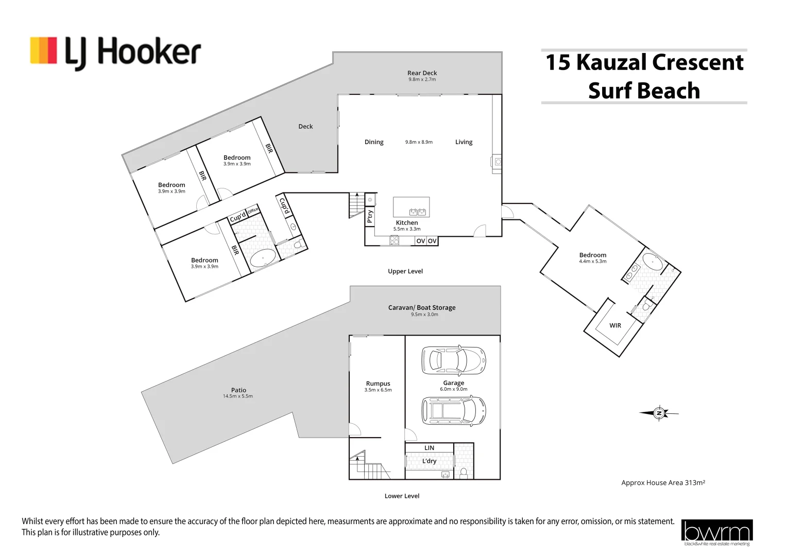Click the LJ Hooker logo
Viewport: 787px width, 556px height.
click(115, 53)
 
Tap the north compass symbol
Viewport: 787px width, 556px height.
click(659, 413)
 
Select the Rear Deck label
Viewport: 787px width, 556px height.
click(422, 73)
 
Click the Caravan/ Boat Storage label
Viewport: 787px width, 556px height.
click(422, 307)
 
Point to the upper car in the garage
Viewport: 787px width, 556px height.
click(453, 359)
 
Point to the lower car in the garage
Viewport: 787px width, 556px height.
click(453, 410)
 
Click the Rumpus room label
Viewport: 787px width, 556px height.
click(378, 384)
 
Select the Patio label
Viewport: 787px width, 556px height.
click(238, 390)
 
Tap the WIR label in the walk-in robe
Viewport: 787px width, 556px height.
click(615, 325)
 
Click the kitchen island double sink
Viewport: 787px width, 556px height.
click(417, 212)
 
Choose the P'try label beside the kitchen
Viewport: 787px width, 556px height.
click(370, 217)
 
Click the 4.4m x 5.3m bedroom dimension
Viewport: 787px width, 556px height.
click(592, 262)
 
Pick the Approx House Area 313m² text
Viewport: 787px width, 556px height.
click(663, 482)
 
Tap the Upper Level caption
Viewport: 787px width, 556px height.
click(405, 271)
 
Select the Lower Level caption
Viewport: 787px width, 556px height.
click(402, 496)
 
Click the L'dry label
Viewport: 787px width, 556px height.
click(429, 461)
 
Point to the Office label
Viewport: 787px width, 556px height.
click(252, 211)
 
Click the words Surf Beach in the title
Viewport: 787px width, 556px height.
click(644, 91)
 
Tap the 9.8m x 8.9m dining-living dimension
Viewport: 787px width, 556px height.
click(419, 142)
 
